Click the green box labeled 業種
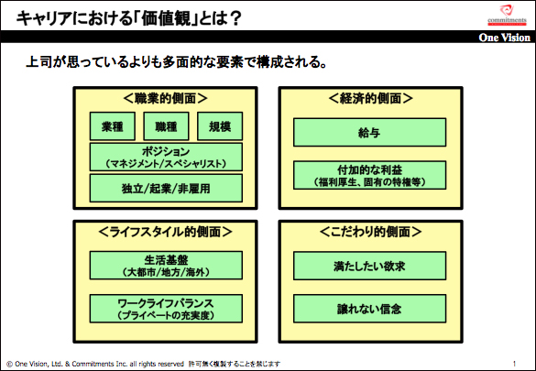(113, 126)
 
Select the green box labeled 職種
(166, 126)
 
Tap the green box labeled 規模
(220, 126)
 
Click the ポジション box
(166, 157)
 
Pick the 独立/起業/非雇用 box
(166, 188)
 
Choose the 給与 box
(369, 132)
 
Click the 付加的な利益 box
(369, 175)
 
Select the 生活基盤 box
(166, 266)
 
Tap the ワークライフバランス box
(166, 309)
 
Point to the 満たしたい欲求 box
(369, 266)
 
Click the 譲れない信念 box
(369, 309)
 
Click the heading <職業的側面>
(166, 98)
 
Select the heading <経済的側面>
(370, 98)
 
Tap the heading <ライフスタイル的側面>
(166, 232)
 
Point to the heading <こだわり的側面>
(370, 232)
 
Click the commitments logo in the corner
(507, 15)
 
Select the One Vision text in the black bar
(505, 38)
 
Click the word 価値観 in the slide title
(166, 18)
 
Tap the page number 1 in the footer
(514, 364)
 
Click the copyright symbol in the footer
(9, 365)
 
